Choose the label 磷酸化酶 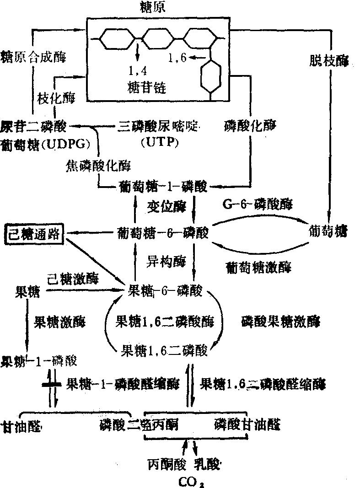(251, 124)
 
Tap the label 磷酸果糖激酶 (280, 322)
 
